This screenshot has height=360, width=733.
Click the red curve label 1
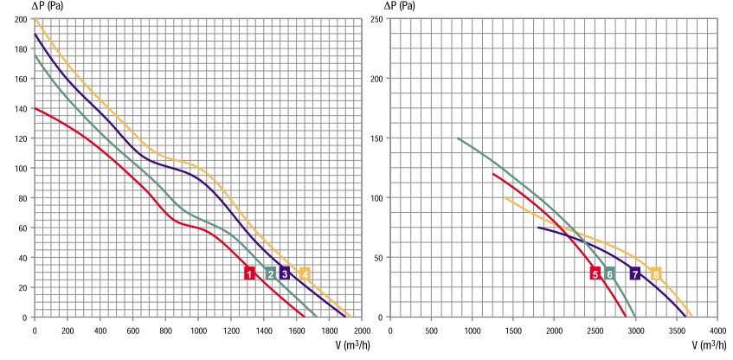coord(249,273)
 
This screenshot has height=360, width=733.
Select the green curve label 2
coord(271,273)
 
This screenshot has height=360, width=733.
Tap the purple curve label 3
coord(285,273)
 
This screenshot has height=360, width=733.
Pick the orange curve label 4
coord(305,273)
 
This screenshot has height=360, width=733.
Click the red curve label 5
coord(595,273)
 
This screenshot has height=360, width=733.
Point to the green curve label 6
coord(609,273)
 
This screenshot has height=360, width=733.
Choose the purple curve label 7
coord(635,273)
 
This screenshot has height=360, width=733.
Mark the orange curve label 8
coord(656,273)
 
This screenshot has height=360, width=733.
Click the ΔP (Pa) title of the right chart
coord(392,6)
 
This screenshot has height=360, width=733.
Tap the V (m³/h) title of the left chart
coord(334,345)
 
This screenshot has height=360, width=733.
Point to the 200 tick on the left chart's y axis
coord(19,19)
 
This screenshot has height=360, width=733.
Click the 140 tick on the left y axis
coord(19,109)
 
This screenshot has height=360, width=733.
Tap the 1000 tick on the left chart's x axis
coord(198,330)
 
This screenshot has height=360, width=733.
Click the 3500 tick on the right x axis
coord(677,330)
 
